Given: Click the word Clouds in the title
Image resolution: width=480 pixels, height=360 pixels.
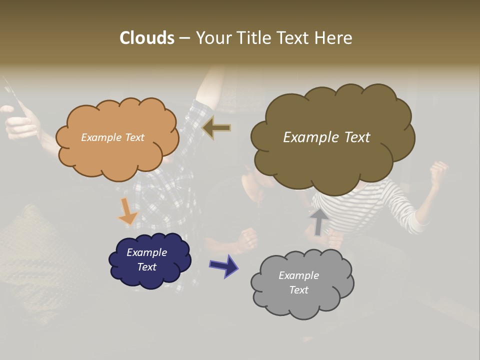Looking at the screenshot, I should (x=146, y=37).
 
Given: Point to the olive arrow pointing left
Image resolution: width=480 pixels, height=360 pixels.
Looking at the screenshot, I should (x=216, y=127).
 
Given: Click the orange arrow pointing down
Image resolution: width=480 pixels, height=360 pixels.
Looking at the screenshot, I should (x=127, y=211).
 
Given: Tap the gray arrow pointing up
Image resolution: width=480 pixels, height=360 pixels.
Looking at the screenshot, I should (x=318, y=221).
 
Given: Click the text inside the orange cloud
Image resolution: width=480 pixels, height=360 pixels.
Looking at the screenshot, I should (x=112, y=137).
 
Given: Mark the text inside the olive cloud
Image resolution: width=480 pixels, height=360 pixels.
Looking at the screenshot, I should (x=326, y=137).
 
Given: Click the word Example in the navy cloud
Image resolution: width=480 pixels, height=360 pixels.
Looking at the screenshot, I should (x=146, y=252).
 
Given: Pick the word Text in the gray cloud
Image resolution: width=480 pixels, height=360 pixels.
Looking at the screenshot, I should (x=298, y=290).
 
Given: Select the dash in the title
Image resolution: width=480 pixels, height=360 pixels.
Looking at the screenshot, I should (x=184, y=38).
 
